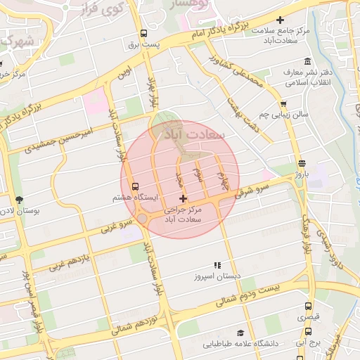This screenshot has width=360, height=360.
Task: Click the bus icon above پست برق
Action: pyautogui.click(x=143, y=32)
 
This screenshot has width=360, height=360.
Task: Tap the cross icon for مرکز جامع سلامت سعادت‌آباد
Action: pyautogui.click(x=281, y=20)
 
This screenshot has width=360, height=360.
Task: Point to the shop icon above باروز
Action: pyautogui.click(x=302, y=162)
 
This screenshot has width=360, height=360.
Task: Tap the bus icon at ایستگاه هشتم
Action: pyautogui.click(x=135, y=185)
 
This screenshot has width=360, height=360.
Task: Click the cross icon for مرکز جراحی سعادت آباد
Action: pyautogui.click(x=184, y=200)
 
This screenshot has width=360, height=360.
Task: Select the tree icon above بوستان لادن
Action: pyautogui.click(x=18, y=200)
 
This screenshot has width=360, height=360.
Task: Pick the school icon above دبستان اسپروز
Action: pyautogui.click(x=217, y=265)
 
